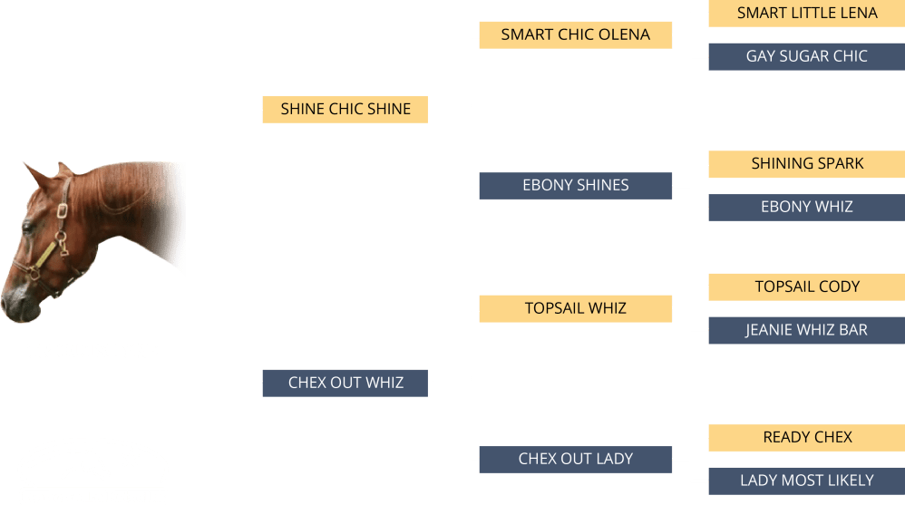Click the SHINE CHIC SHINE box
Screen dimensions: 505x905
click(x=345, y=109)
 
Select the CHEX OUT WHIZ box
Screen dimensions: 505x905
click(x=345, y=383)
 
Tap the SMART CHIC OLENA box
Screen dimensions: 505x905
click(x=575, y=35)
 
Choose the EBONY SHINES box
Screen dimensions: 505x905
click(x=575, y=185)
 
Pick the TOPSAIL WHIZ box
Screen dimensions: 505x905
click(x=575, y=308)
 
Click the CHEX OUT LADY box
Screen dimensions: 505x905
click(x=575, y=459)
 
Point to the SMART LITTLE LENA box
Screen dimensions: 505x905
click(x=806, y=13)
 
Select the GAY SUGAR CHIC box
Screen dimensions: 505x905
click(x=806, y=56)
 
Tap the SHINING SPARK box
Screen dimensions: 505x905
click(x=806, y=164)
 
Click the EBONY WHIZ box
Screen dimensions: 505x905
click(x=806, y=207)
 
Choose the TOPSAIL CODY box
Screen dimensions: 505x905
click(x=806, y=286)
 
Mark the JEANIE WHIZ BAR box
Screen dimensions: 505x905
click(x=806, y=330)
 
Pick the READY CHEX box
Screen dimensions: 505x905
click(x=806, y=437)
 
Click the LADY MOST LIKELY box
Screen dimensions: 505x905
click(x=806, y=481)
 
